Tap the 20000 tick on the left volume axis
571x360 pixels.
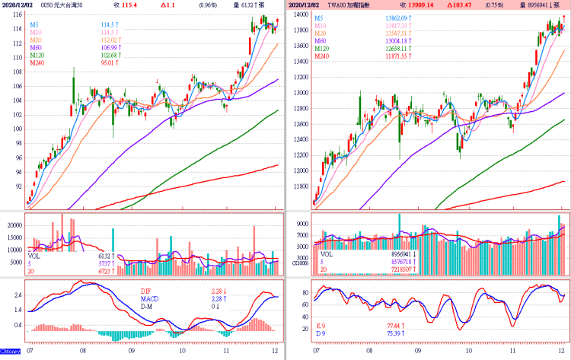point(13,225)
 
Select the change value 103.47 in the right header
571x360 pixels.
point(470,5)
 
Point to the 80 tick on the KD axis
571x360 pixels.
point(304,292)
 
